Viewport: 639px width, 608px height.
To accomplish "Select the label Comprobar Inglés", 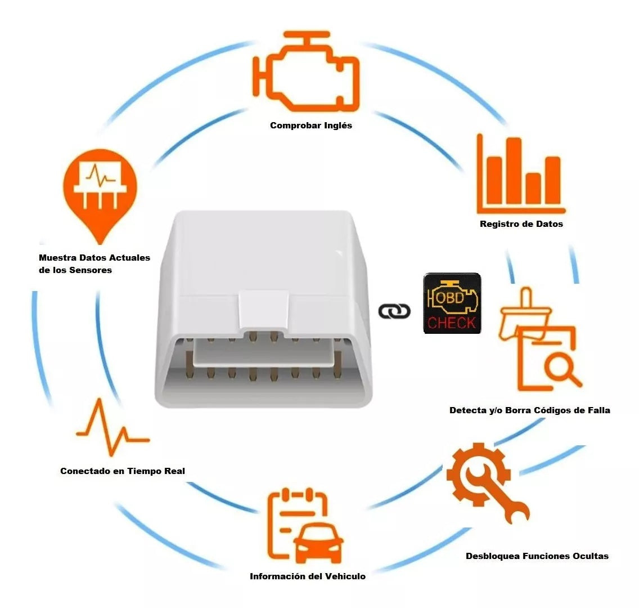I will (311, 126).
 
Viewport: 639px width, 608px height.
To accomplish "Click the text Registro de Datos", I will (521, 224).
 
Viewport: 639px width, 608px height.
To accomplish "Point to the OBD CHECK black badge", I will (452, 303).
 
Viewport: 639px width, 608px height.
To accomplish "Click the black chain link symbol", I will (394, 311).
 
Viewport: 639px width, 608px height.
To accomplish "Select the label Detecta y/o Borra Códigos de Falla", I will (529, 410).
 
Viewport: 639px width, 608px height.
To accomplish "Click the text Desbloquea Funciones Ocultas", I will (537, 556).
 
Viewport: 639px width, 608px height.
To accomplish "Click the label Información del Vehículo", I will (308, 576).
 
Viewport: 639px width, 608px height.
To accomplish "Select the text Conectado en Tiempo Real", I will (122, 471).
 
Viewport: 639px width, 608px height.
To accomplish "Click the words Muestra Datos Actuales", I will (94, 258).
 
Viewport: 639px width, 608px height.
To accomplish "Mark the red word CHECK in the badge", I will (452, 323).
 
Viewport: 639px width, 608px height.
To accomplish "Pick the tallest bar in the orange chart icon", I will (512, 169).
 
